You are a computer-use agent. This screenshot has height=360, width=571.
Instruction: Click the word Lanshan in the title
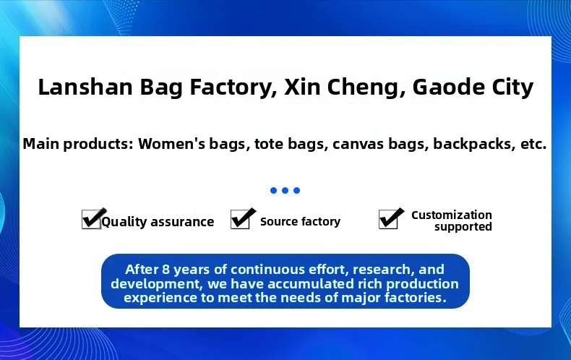pos(85,87)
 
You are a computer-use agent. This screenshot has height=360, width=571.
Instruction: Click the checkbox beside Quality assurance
pos(91,219)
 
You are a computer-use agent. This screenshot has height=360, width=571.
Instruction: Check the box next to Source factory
pos(241,219)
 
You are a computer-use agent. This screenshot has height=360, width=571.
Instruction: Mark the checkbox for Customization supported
pos(389,219)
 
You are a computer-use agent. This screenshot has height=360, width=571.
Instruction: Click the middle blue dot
pos(285,190)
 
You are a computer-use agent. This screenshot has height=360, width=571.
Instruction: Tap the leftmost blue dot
pos(273,190)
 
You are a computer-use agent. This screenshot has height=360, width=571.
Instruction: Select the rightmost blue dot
pos(297,190)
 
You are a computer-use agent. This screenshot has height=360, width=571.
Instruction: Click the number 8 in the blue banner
pos(166,269)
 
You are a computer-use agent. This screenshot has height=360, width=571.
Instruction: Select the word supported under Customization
pos(463,227)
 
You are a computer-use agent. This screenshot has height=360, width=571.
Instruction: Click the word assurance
pos(182,222)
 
